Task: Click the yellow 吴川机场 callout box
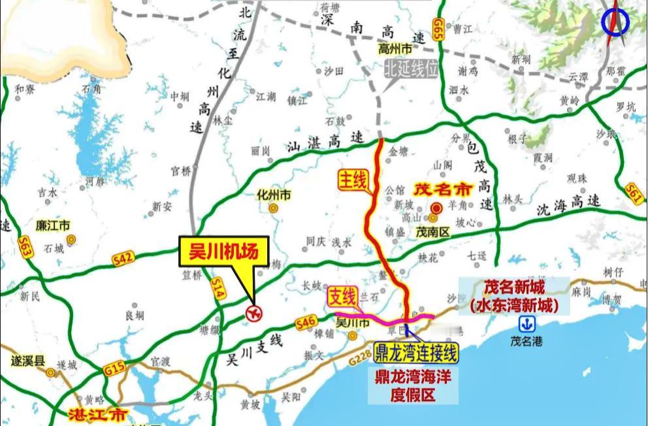223,252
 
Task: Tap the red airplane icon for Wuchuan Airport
253,314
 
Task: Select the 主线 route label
351,180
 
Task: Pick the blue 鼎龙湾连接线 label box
415,353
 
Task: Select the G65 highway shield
438,29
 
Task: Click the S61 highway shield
632,189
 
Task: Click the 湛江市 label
97,414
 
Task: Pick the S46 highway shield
306,321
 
